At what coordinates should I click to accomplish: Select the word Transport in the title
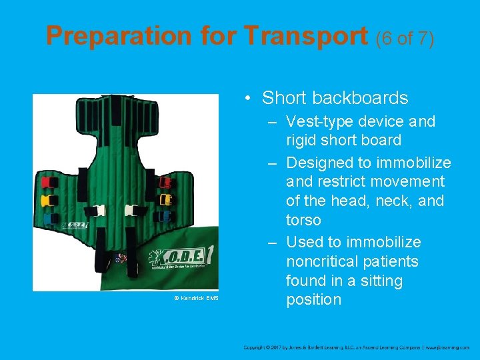(311, 36)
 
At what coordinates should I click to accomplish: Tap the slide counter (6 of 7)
(405, 38)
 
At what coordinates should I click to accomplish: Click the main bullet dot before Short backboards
(247, 99)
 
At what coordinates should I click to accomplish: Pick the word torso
(303, 220)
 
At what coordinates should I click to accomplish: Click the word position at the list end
(313, 299)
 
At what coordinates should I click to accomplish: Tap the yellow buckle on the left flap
(49, 199)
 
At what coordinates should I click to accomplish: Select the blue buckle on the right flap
(165, 215)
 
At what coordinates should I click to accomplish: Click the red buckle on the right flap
(165, 182)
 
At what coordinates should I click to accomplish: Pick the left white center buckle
(97, 211)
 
